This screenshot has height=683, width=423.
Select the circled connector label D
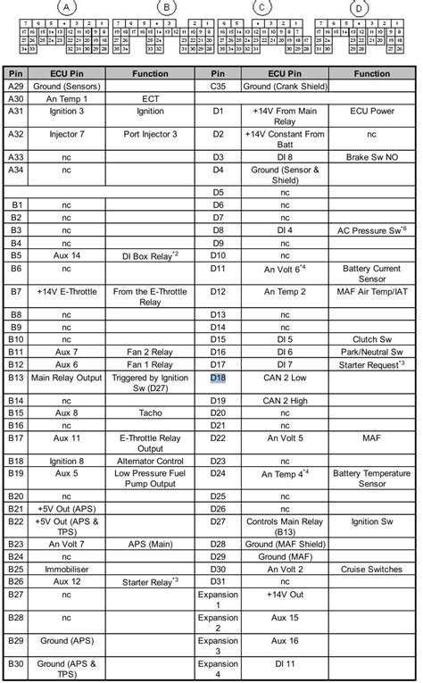360,7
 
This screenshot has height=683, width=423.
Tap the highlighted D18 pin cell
219,378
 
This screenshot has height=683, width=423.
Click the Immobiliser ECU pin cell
66,569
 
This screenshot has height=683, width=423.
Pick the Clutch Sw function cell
374,339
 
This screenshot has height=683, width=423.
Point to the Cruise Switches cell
374,569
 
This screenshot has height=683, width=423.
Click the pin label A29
15,87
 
